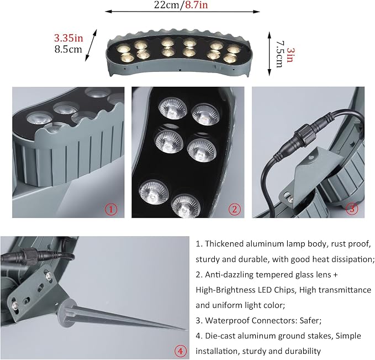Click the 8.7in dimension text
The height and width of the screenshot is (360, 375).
pyautogui.click(x=197, y=4)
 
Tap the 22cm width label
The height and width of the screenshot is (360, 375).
pyautogui.click(x=166, y=4)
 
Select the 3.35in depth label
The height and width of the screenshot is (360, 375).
pyautogui.click(x=68, y=38)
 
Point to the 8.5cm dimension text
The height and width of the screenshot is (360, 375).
pyautogui.click(x=68, y=49)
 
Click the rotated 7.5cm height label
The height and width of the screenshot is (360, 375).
pyautogui.click(x=279, y=55)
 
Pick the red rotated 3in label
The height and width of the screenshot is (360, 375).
pyautogui.click(x=290, y=55)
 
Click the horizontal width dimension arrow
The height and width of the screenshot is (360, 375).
pyautogui.click(x=182, y=12)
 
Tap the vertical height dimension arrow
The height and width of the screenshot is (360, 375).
pyautogui.click(x=270, y=54)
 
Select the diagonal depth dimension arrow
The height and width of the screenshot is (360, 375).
pyautogui.click(x=91, y=45)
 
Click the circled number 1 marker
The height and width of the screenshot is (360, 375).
pyautogui.click(x=111, y=210)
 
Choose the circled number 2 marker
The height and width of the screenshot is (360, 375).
pyautogui.click(x=234, y=209)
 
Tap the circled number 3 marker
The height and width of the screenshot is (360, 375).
pyautogui.click(x=352, y=208)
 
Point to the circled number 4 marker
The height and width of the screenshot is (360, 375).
pyautogui.click(x=181, y=351)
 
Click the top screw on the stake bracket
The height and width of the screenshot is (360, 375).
pyautogui.click(x=49, y=276)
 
